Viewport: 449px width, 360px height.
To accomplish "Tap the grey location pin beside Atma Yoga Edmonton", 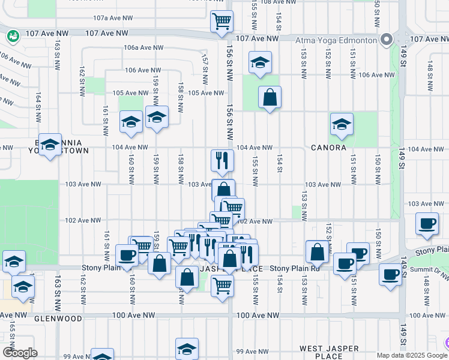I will [x=387, y=40].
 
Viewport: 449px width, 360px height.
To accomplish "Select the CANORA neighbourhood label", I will [x=328, y=148].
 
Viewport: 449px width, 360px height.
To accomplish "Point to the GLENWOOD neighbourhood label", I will [x=58, y=319].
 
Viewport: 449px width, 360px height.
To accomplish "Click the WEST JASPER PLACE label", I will [x=329, y=352].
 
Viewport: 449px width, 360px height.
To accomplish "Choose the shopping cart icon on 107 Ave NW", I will [x=221, y=21].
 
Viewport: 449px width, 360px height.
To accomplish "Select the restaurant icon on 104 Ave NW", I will [x=221, y=160].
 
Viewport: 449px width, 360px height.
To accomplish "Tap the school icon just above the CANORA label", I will [x=342, y=124].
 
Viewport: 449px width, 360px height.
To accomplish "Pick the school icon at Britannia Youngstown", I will [x=50, y=145].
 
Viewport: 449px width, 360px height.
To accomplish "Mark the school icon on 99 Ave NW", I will [x=187, y=349].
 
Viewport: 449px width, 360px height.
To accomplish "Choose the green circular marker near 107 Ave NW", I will [x=11, y=37].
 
